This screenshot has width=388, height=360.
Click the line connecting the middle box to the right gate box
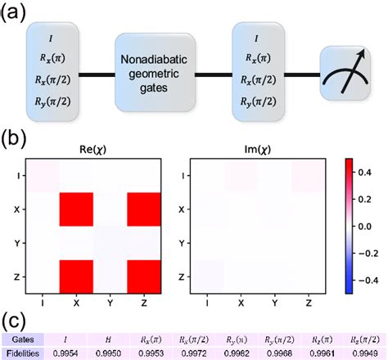click(x=214, y=74)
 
